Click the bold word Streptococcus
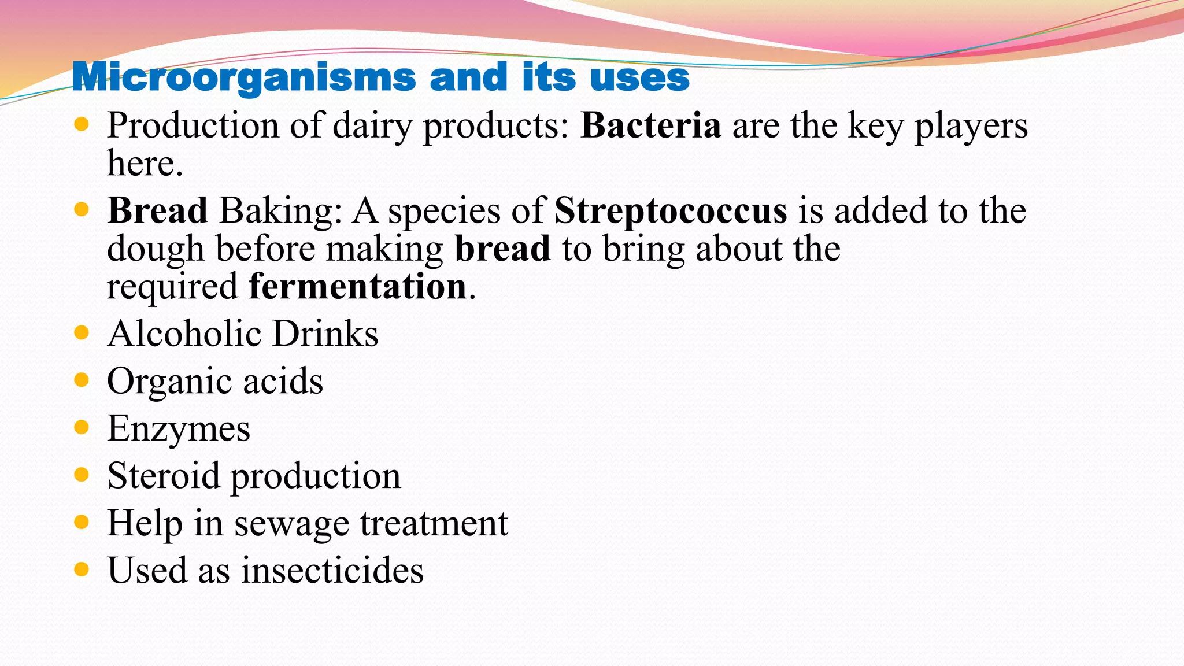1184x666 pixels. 671,210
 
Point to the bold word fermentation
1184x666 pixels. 357,286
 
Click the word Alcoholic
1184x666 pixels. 184,334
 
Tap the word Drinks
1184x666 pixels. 325,334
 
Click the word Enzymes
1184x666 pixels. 179,429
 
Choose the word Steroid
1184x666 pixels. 164,476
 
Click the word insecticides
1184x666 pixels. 332,570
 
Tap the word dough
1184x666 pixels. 156,249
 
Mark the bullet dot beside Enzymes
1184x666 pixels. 82,427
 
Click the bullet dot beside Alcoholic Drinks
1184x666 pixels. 82,332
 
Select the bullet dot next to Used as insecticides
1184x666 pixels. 82,569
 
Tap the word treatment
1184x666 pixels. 434,523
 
